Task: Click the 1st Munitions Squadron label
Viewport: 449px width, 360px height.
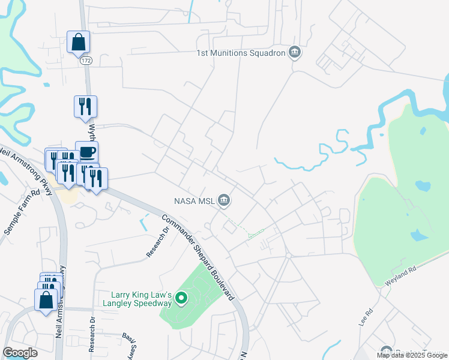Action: (239, 53)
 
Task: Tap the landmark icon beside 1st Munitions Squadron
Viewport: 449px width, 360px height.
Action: (294, 53)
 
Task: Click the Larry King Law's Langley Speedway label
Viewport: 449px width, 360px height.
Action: (142, 299)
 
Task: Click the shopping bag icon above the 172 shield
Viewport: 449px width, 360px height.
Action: (78, 43)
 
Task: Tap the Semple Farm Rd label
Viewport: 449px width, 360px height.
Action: (22, 212)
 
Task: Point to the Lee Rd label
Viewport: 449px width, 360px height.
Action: (366, 317)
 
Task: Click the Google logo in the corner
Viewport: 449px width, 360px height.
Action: (20, 353)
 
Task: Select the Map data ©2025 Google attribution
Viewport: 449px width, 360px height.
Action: (412, 355)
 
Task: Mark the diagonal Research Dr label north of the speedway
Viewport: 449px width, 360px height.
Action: (155, 242)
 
